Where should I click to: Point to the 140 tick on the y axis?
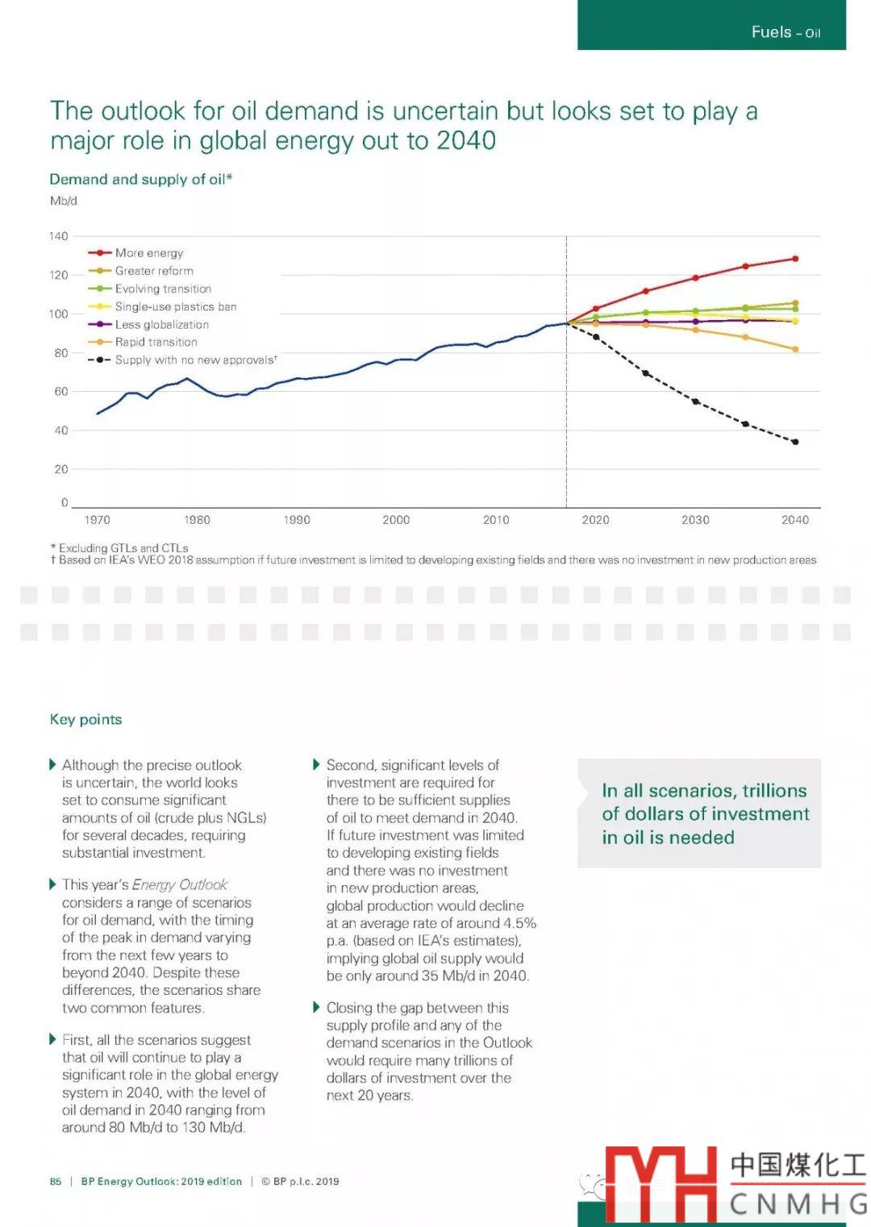(x=59, y=236)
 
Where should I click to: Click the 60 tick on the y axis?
(x=61, y=392)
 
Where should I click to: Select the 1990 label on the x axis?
(x=297, y=520)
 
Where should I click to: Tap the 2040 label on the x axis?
(x=794, y=520)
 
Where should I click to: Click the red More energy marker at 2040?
(x=795, y=259)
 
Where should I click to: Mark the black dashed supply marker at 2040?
(x=795, y=442)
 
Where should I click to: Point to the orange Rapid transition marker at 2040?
(x=795, y=349)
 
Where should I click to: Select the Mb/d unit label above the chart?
(x=64, y=201)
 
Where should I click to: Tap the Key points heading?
(x=86, y=719)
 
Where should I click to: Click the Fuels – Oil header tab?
(x=786, y=32)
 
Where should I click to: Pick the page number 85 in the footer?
(x=56, y=1181)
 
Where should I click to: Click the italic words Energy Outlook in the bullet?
(x=180, y=884)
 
